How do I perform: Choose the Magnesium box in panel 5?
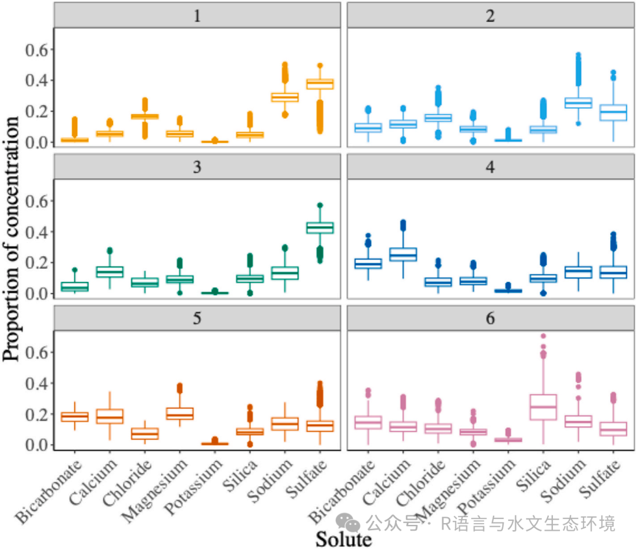180,413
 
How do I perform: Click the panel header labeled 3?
197,167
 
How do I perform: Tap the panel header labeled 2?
490,15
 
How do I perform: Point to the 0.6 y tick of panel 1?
35,49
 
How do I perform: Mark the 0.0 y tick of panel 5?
35,445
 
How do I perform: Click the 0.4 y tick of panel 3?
35,232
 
